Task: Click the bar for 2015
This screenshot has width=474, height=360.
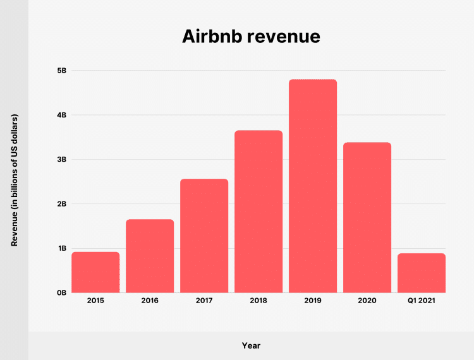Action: (95, 272)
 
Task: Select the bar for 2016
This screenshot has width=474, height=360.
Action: (150, 256)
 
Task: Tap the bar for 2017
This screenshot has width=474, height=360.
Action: (204, 236)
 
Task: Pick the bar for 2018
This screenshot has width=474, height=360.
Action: (258, 212)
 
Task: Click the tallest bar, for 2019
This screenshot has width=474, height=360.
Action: (313, 186)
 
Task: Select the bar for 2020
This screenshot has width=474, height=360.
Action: (367, 217)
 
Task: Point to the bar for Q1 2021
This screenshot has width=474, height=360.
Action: (422, 273)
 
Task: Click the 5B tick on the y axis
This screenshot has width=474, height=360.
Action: (62, 71)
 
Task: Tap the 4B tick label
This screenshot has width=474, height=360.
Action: (62, 115)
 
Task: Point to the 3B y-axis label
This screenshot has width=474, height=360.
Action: (62, 160)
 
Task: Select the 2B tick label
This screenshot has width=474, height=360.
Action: (62, 204)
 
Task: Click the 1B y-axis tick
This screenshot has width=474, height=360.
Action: (62, 248)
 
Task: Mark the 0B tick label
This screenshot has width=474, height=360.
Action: (62, 293)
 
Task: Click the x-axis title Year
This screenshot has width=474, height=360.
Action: (251, 345)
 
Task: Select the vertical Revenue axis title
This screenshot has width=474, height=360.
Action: (15, 181)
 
